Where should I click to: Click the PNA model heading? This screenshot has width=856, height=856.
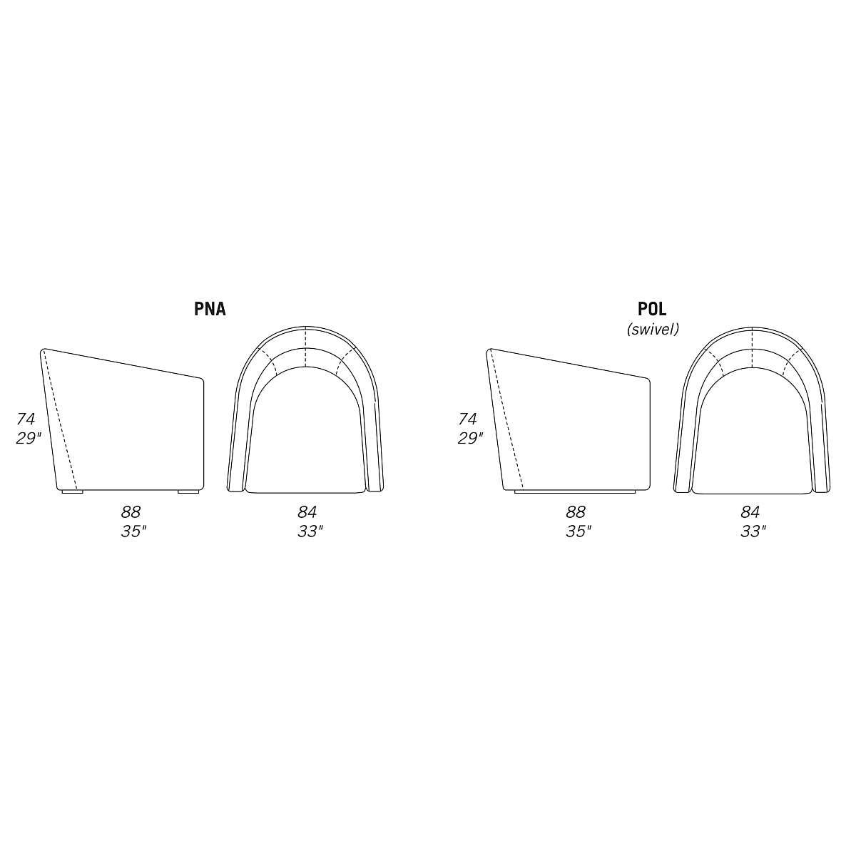210,309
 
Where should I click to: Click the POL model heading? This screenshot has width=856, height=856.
652,309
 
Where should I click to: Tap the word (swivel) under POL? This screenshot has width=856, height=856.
653,329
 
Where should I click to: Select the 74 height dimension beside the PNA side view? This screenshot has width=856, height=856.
26,419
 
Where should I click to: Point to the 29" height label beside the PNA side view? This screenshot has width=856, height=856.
29,438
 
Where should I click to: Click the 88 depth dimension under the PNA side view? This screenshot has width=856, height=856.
131,512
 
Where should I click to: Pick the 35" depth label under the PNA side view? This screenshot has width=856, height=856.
133,531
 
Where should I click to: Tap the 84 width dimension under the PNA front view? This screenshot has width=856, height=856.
307,512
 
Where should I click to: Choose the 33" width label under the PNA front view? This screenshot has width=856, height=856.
310,531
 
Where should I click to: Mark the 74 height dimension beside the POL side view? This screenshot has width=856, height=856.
468,419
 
